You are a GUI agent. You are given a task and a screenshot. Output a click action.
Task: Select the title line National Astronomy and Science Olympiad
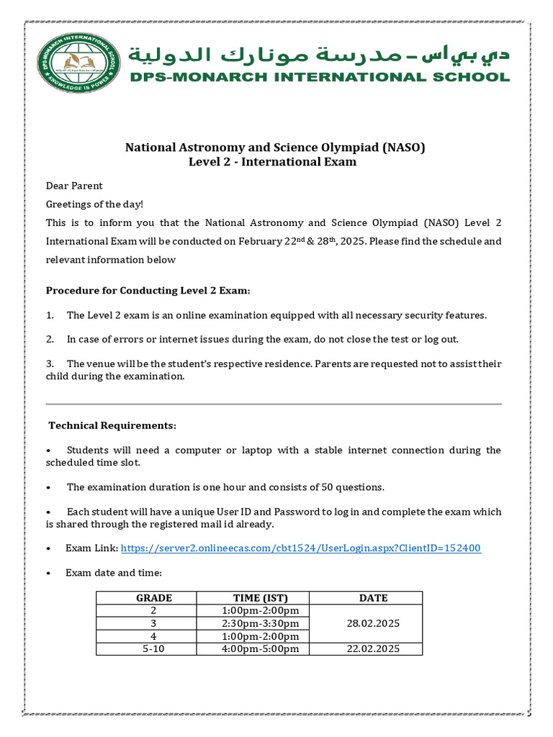[276, 148]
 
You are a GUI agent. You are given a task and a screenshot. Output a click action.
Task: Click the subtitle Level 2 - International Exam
[272, 162]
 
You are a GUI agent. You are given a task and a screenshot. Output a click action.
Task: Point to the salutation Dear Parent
[74, 186]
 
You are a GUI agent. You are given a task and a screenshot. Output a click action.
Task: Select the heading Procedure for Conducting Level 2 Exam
[148, 291]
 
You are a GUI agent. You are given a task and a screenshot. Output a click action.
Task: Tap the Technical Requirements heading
[112, 425]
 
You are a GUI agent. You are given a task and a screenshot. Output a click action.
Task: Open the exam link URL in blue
[301, 548]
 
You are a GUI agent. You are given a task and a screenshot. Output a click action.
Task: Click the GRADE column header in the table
[154, 597]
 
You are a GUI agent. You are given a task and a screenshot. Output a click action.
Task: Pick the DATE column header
[373, 597]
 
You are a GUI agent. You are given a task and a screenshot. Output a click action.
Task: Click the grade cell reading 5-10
[154, 649]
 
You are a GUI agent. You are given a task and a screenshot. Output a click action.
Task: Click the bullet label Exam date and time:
[114, 573]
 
